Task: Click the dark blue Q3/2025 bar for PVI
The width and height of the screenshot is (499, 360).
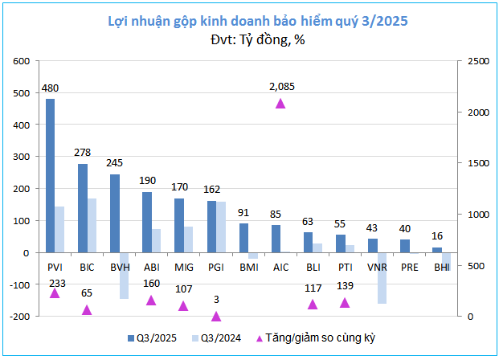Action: [x=50, y=175]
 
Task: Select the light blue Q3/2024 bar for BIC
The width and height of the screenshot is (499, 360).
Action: [x=92, y=225]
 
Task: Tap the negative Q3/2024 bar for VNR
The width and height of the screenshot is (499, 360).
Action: [x=382, y=278]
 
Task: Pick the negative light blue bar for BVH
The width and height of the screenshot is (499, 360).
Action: [x=125, y=276]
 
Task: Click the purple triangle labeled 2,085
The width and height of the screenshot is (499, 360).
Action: [x=280, y=103]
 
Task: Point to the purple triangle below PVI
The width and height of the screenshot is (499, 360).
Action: [x=55, y=293]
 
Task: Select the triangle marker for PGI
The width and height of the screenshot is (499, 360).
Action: [x=215, y=316]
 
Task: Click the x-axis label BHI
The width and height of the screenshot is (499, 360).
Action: [x=441, y=265]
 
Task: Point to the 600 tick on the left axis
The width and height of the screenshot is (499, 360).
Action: [x=22, y=61]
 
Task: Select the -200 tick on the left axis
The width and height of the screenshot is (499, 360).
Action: [x=19, y=317]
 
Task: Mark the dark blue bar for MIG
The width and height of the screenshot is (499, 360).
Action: [x=179, y=225]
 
